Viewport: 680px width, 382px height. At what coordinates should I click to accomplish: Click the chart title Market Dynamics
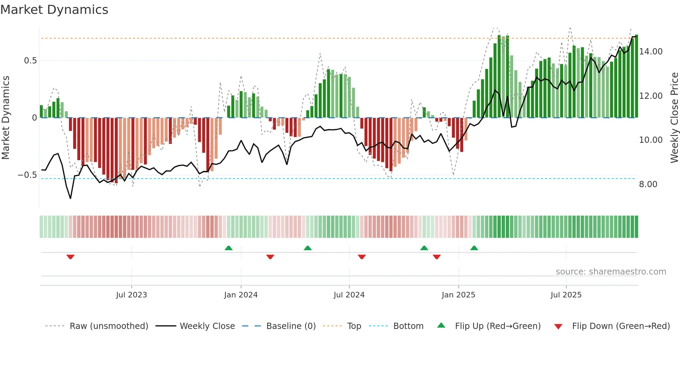tap(54, 10)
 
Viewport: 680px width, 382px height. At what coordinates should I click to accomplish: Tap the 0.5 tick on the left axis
tap(30, 61)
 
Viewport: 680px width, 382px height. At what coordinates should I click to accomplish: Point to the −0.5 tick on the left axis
tap(27, 175)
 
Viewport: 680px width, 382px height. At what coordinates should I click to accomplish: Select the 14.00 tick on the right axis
tap(651, 52)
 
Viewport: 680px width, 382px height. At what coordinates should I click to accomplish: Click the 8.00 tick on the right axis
tap(648, 184)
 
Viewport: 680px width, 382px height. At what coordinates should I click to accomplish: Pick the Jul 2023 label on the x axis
tap(131, 295)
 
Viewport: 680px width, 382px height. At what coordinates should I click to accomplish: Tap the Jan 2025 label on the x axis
tap(458, 295)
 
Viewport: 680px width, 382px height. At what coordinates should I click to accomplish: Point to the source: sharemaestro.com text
tap(611, 272)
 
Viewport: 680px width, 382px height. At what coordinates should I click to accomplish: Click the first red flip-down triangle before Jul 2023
tap(70, 257)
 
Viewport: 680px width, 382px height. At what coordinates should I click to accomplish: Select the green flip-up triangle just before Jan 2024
tap(228, 248)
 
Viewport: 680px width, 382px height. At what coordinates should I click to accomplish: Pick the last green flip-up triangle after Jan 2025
tap(474, 248)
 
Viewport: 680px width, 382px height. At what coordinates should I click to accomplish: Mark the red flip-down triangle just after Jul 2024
tap(362, 257)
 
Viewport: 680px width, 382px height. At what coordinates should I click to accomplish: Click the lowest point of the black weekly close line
tap(70, 198)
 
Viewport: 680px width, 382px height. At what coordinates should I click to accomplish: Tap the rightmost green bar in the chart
tap(636, 76)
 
